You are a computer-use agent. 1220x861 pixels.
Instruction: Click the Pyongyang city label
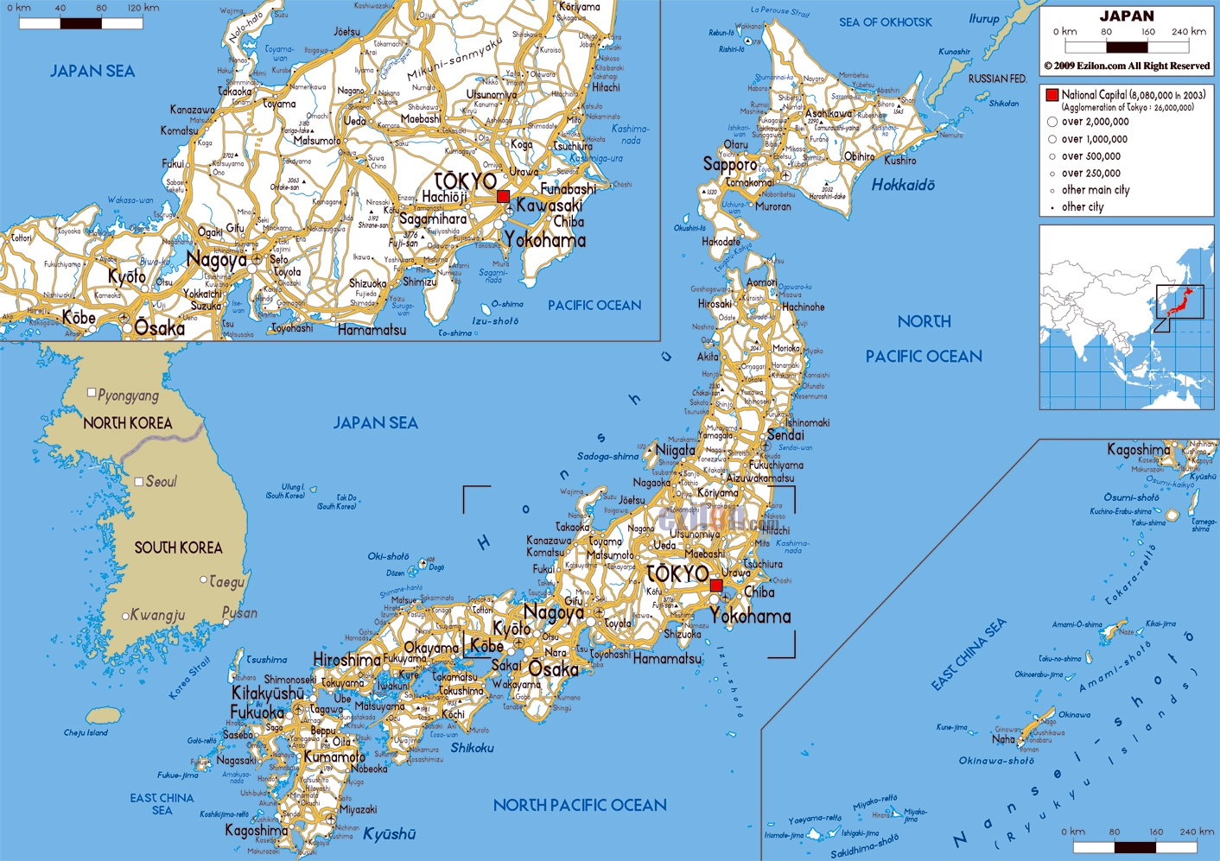tap(128, 396)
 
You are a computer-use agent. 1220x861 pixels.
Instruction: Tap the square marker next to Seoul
tap(138, 481)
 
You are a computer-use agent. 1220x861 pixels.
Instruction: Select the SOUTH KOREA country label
tap(178, 548)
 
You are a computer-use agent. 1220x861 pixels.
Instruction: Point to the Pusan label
tap(239, 612)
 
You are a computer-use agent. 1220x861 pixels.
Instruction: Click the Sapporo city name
tap(729, 164)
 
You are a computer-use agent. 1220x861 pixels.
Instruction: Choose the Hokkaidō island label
tap(903, 185)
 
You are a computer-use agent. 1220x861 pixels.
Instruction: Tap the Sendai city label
tap(785, 435)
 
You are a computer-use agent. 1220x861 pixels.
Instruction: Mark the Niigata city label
tap(675, 450)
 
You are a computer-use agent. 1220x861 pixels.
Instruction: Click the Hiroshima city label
tap(346, 660)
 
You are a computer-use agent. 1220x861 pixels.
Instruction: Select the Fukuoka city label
tap(257, 712)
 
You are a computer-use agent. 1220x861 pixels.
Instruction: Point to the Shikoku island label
tap(472, 748)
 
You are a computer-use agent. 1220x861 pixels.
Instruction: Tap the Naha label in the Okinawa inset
tap(1003, 739)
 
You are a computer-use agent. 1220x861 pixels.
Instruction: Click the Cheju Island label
tap(86, 733)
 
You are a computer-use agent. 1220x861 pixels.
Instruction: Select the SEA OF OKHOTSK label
tap(885, 22)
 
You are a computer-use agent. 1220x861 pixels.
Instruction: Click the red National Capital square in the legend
tap(1052, 95)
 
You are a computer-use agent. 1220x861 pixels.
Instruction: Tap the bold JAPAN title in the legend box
tap(1127, 16)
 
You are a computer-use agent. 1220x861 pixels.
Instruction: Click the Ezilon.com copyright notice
tap(1127, 66)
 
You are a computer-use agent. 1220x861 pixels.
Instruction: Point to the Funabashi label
tap(568, 188)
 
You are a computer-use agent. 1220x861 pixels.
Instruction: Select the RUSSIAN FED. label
tap(997, 79)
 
